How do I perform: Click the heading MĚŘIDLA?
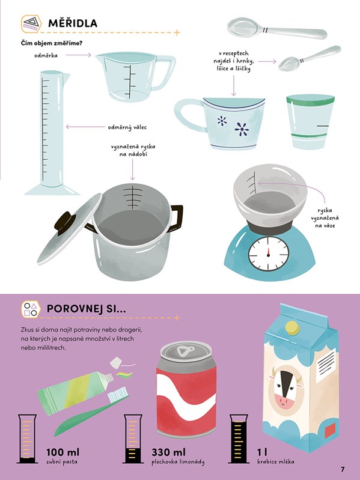(73, 23)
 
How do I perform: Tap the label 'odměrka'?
(46, 55)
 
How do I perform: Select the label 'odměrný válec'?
(127, 127)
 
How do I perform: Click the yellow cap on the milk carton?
(292, 328)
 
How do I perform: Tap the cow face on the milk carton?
(285, 388)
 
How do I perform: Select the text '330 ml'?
(169, 452)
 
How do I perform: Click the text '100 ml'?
(63, 452)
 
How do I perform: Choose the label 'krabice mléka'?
(276, 461)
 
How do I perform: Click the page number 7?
(343, 469)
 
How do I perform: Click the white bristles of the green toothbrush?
(118, 394)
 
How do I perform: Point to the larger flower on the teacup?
(242, 129)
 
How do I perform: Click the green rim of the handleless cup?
(310, 99)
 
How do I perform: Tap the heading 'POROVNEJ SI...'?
(86, 309)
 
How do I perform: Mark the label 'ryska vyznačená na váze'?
(325, 218)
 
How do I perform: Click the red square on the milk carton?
(331, 430)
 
